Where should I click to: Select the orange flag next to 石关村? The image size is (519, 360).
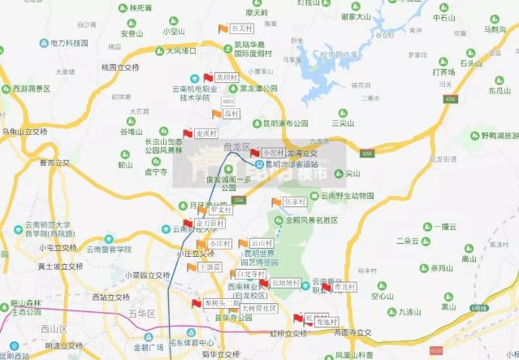(x=223, y=29)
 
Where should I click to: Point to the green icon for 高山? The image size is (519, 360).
(x=469, y=249)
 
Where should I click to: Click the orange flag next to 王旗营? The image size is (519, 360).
(x=192, y=267)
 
